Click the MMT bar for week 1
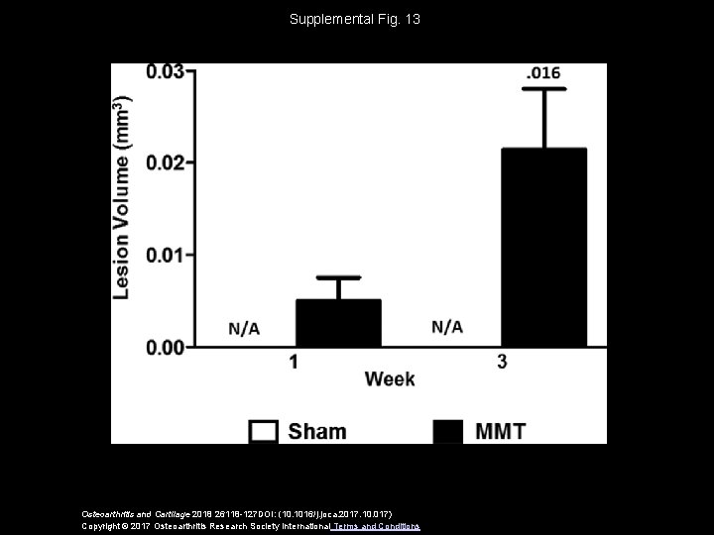338,323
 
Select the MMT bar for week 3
544,248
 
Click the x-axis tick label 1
294,363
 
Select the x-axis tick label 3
502,363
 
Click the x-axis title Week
390,378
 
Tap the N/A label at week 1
244,329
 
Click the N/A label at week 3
447,327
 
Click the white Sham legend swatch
263,431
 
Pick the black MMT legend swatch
448,431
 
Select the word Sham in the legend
317,431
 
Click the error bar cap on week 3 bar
544,89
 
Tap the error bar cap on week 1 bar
338,277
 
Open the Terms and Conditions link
380,526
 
